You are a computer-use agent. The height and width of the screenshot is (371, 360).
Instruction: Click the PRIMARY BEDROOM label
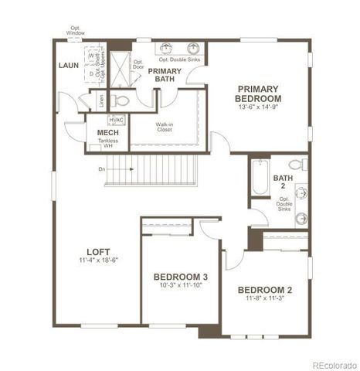tap(259, 94)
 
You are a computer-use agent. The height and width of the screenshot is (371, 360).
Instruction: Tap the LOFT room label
tap(98, 251)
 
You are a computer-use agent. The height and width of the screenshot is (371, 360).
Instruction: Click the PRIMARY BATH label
tap(165, 74)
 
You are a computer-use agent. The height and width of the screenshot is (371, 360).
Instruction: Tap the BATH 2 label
tap(283, 182)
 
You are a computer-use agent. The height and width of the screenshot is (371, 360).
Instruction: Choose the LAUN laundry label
tap(70, 66)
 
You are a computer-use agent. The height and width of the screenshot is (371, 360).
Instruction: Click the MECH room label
tap(107, 132)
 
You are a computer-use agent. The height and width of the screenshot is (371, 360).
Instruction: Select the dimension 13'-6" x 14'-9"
tap(259, 107)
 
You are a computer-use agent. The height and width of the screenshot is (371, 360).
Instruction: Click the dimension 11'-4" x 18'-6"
tap(98, 260)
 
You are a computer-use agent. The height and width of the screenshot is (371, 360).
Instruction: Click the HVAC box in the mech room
tap(116, 120)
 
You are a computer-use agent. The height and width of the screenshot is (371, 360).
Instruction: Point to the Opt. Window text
tap(76, 31)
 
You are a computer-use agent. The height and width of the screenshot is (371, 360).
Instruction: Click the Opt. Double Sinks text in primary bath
tap(179, 60)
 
